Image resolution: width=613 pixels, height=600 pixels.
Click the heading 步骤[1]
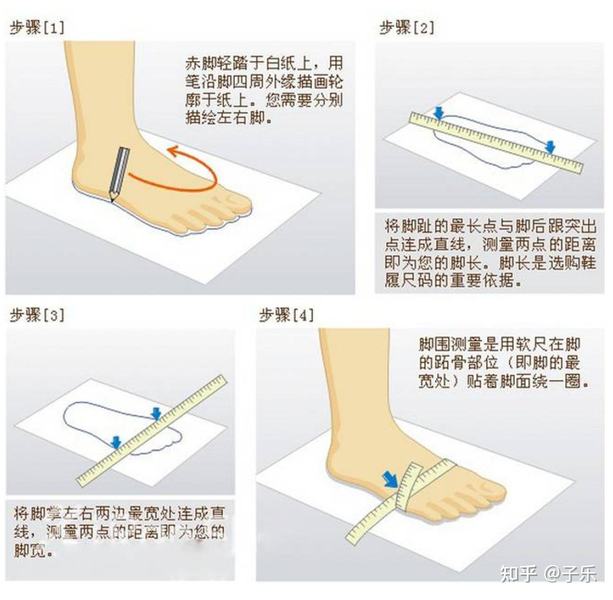click(x=37, y=28)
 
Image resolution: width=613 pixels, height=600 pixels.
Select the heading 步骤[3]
click(x=37, y=315)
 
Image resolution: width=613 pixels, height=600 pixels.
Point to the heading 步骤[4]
click(x=286, y=315)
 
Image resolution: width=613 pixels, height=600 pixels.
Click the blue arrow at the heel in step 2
click(x=439, y=113)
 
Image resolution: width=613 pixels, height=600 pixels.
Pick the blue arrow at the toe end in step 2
click(x=550, y=147)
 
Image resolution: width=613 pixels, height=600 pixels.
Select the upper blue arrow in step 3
click(x=156, y=414)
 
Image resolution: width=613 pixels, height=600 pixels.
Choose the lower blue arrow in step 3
click(x=116, y=442)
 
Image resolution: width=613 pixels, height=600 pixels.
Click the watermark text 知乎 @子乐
click(x=548, y=574)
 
